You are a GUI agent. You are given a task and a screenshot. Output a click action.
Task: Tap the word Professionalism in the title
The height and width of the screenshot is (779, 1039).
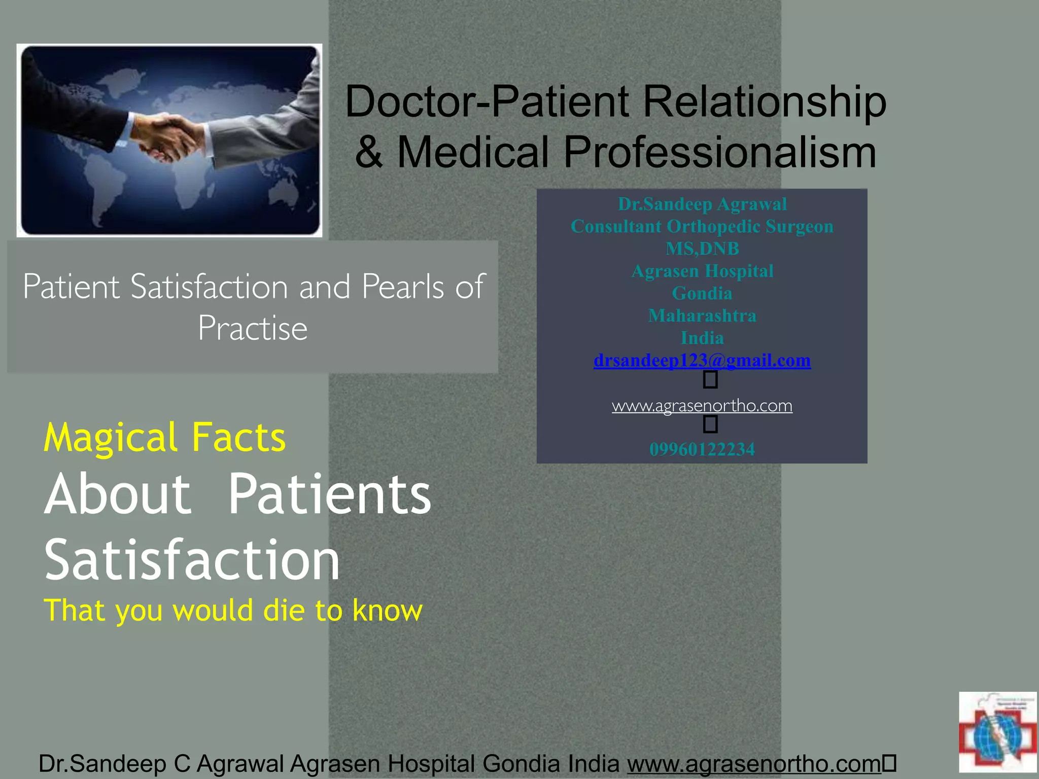click(x=720, y=152)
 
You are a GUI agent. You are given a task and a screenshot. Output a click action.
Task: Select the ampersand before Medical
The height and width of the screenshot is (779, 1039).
click(x=369, y=152)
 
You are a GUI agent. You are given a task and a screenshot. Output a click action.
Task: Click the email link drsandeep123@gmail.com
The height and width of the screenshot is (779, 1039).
click(x=702, y=361)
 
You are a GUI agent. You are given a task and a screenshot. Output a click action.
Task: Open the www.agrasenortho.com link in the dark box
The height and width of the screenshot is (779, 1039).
click(x=702, y=406)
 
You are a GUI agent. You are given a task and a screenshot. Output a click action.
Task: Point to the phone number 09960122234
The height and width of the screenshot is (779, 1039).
click(x=702, y=449)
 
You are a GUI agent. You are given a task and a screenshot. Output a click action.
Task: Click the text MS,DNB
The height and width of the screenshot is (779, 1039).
click(x=702, y=249)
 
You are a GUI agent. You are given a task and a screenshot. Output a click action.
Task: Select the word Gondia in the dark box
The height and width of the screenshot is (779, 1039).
click(x=702, y=293)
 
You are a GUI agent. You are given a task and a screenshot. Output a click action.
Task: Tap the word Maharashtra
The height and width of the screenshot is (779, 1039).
click(x=702, y=315)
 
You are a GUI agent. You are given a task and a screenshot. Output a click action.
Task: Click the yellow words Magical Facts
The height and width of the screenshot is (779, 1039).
click(x=165, y=437)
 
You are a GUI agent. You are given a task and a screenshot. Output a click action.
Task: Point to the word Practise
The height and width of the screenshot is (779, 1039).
click(x=253, y=328)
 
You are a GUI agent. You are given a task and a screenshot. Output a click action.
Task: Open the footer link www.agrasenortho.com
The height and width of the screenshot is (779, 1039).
click(x=754, y=763)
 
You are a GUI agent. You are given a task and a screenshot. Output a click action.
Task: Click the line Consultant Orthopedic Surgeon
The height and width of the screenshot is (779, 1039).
click(x=702, y=226)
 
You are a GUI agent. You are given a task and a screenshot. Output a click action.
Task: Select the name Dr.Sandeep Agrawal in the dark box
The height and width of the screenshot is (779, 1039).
click(x=702, y=204)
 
